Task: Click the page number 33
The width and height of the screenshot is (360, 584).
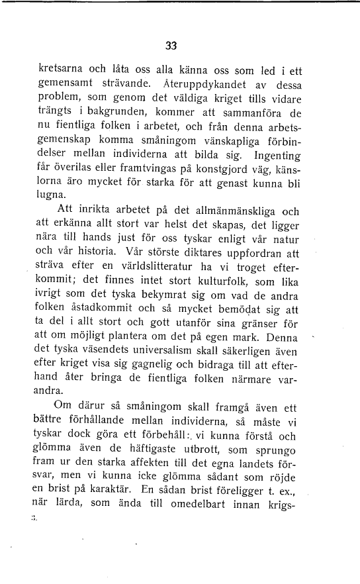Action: click(x=171, y=46)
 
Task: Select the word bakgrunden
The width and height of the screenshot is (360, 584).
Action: click(x=112, y=114)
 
